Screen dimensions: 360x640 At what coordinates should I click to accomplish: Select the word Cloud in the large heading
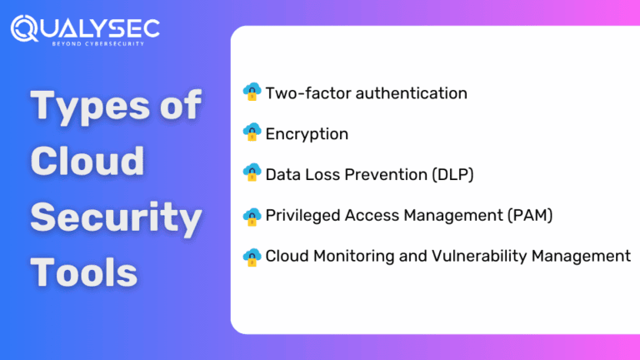click(87, 160)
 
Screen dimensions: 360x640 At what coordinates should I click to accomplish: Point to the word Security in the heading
click(116, 217)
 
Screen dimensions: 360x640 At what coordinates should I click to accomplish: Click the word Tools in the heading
click(84, 272)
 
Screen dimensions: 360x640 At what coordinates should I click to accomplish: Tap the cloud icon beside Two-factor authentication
click(252, 92)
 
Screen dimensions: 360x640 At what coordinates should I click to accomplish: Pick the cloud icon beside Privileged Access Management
click(252, 215)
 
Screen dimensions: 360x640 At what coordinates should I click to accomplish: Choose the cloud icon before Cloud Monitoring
click(252, 255)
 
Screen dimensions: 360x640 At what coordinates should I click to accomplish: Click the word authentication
click(412, 93)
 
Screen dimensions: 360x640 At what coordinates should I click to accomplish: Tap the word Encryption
click(307, 133)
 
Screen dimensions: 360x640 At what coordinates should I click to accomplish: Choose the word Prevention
click(380, 174)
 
